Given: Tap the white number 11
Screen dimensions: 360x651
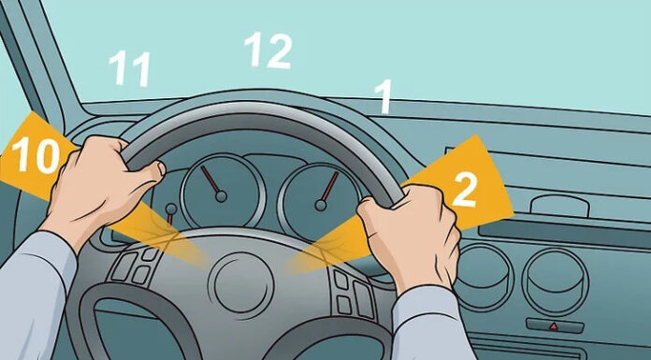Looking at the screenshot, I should coord(130,68).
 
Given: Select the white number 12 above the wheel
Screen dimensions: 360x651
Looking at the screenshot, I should coord(268,50).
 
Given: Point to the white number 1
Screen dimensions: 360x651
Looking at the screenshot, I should coord(383,96).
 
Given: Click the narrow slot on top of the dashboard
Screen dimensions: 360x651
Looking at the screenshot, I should coord(560,204).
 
